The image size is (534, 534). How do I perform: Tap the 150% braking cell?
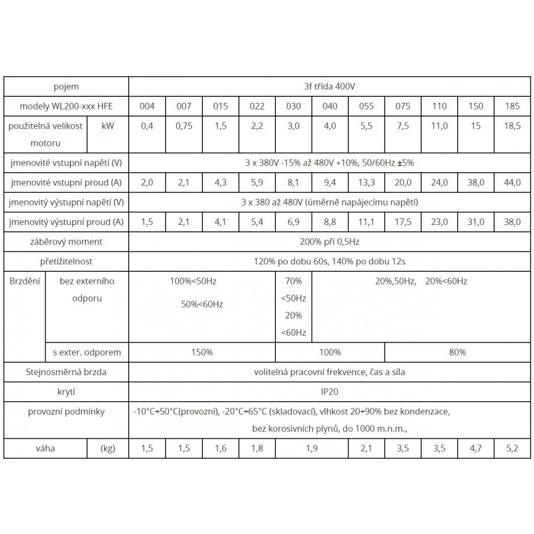202,352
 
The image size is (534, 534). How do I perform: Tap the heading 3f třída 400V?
330,87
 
